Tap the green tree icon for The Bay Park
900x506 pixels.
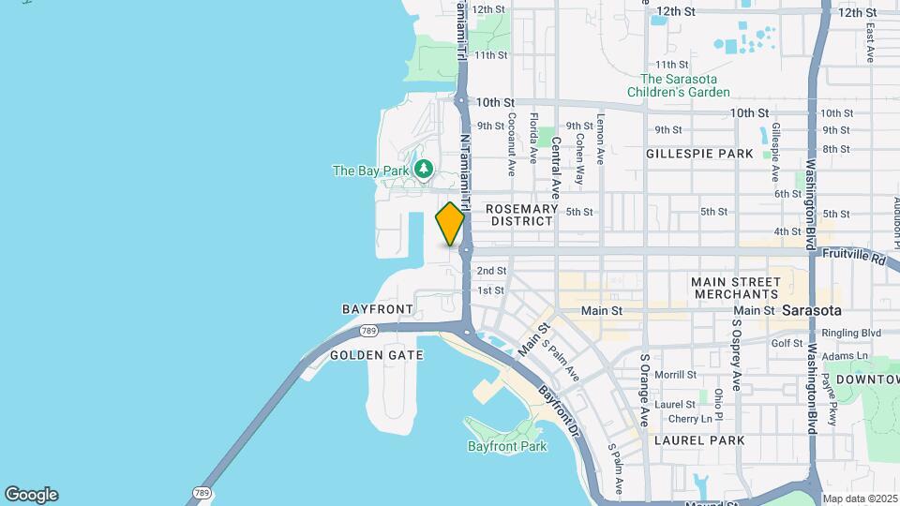(x=425, y=170)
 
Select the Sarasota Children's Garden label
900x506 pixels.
(x=684, y=86)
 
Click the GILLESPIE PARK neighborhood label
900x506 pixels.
(x=699, y=153)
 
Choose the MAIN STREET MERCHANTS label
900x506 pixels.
(x=736, y=288)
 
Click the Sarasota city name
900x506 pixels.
(x=812, y=310)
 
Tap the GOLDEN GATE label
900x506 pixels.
(x=377, y=355)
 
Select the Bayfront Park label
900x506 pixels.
(x=507, y=446)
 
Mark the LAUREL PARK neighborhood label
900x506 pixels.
(x=699, y=439)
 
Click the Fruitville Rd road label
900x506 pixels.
(x=854, y=255)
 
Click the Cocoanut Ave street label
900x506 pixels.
(x=512, y=145)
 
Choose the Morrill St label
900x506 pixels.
(x=675, y=375)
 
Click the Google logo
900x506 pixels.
(x=31, y=495)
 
